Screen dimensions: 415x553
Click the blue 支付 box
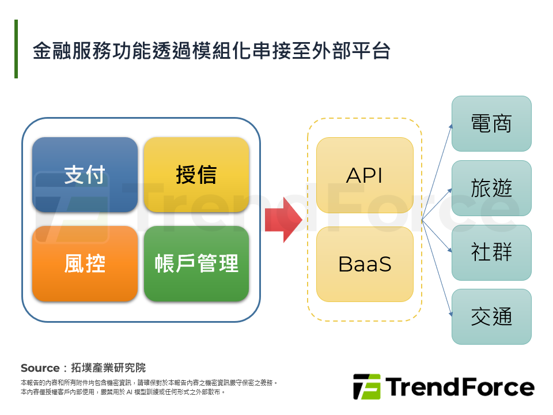(x=85, y=175)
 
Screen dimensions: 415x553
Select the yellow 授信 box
(x=196, y=175)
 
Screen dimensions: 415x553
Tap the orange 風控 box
(x=85, y=263)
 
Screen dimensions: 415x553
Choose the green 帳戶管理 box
(x=196, y=263)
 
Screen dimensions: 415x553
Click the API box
(x=365, y=175)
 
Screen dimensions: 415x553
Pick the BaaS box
(x=365, y=264)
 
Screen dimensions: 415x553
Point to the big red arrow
(x=283, y=220)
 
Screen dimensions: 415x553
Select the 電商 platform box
(x=491, y=123)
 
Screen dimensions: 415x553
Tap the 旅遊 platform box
(x=491, y=188)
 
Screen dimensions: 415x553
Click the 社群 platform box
(x=491, y=252)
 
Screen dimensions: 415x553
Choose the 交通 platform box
(x=491, y=316)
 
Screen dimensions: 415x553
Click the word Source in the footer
(x=40, y=368)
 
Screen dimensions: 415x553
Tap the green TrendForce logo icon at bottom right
(x=366, y=387)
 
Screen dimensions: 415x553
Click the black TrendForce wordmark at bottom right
(x=460, y=387)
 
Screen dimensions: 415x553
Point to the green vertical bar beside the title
(x=16, y=49)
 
